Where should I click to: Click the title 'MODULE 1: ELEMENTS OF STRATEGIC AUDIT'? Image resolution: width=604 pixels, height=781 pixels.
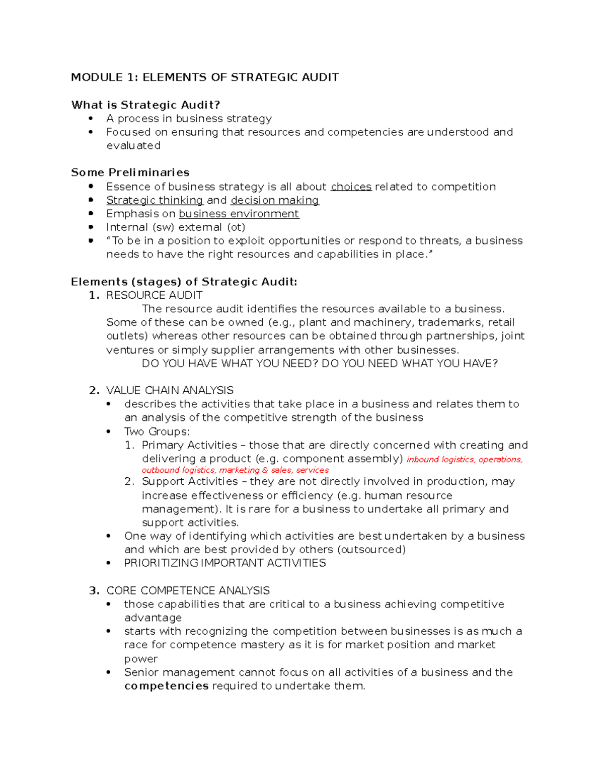(204, 77)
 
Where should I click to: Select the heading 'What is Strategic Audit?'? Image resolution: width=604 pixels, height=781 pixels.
(145, 105)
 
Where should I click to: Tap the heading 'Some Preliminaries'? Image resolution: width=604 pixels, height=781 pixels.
(130, 172)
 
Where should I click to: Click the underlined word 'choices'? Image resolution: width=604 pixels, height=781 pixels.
(351, 187)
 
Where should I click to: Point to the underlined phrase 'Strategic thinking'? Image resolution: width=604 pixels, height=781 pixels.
(155, 201)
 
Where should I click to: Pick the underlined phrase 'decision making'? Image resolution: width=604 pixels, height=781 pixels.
(274, 201)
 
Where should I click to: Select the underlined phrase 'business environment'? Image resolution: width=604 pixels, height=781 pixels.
(239, 214)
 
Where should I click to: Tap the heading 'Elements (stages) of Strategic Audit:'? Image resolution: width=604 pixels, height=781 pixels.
(184, 282)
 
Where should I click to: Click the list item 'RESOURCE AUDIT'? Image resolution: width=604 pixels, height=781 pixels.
(154, 296)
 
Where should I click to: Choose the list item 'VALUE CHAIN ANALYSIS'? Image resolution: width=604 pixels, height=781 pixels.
(170, 391)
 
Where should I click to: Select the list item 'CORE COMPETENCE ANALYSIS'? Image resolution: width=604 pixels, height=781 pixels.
(188, 591)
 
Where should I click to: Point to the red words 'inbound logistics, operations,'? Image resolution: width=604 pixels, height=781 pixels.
(464, 460)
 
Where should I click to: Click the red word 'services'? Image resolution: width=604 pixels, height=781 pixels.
(312, 470)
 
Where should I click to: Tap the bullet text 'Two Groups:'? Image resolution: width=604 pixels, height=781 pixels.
(157, 432)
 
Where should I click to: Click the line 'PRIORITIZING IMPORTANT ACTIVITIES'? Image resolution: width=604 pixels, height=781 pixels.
(224, 563)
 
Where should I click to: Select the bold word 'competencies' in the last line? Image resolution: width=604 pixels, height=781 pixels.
(166, 686)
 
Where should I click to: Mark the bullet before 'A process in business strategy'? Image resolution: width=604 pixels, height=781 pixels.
(91, 119)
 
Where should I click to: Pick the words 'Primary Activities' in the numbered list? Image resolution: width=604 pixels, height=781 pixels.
(189, 446)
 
